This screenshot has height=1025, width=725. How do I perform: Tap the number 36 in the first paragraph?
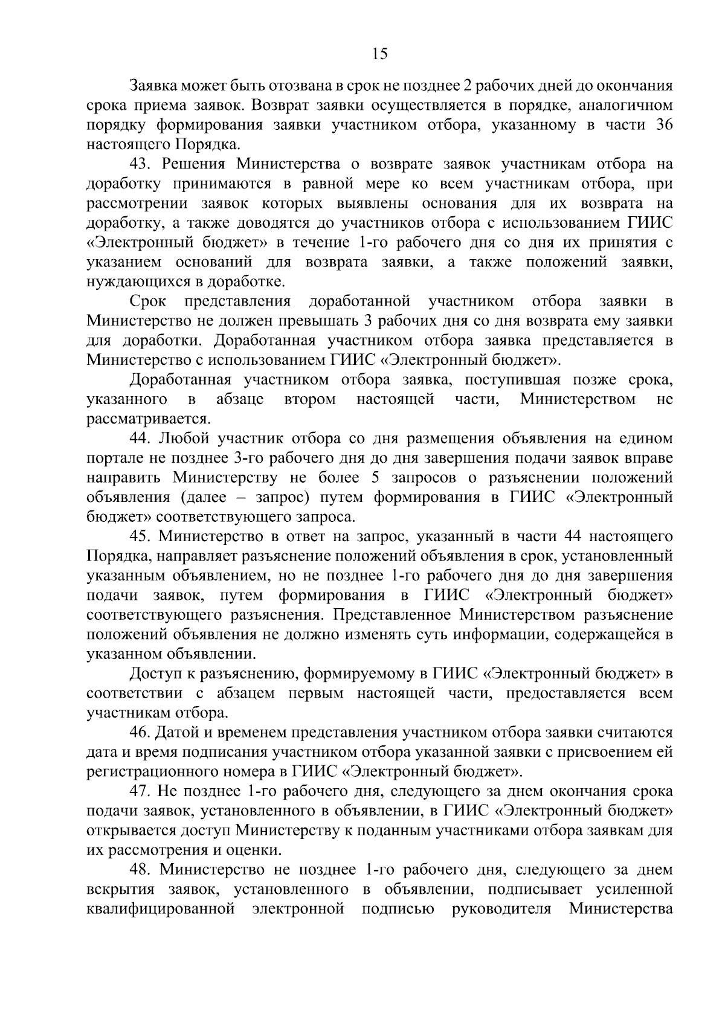tap(663, 125)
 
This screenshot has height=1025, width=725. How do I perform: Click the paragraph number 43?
tap(143, 164)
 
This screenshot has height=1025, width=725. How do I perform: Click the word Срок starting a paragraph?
tap(148, 301)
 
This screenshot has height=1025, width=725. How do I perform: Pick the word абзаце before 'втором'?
tap(240, 399)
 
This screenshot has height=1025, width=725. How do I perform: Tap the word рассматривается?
tap(149, 419)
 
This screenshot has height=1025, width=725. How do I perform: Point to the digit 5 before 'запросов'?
tap(371, 478)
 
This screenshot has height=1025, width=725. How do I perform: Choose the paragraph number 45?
tap(143, 536)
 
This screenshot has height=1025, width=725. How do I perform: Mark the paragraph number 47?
tap(143, 791)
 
